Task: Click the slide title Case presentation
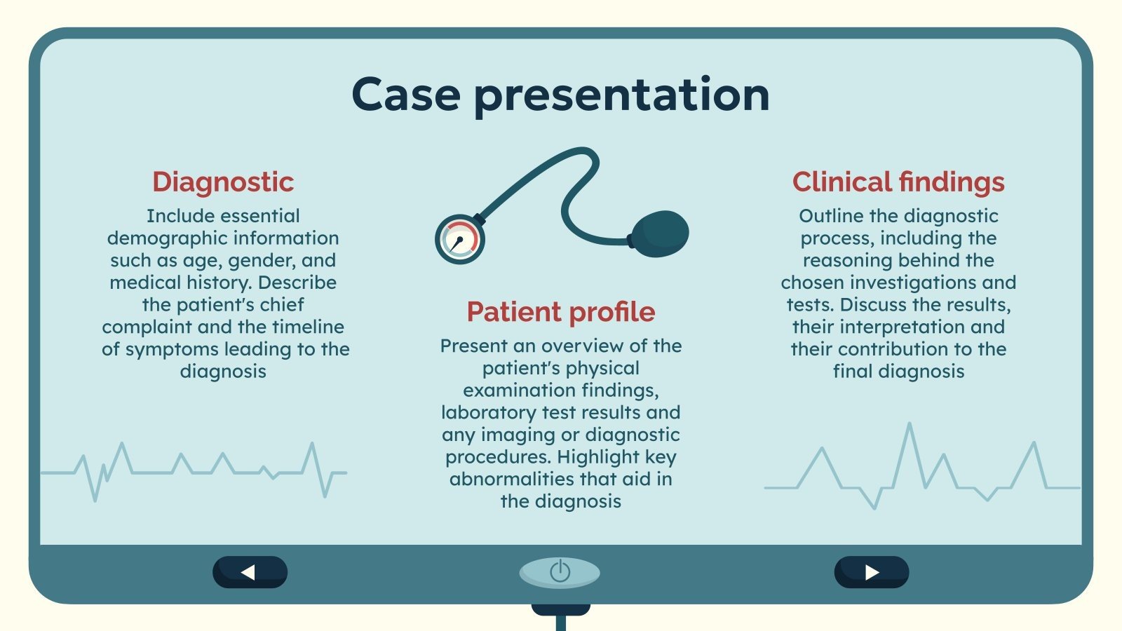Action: pos(560,95)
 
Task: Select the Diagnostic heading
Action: pos(223,182)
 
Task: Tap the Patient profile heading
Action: pos(561,312)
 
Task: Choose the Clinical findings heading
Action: pos(898,182)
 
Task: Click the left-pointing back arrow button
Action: pos(250,572)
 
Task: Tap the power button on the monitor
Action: pos(560,572)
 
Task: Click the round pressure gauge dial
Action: pos(460,239)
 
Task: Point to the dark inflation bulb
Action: pos(660,233)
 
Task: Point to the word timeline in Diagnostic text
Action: pos(308,327)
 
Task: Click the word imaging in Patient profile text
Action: pos(516,435)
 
